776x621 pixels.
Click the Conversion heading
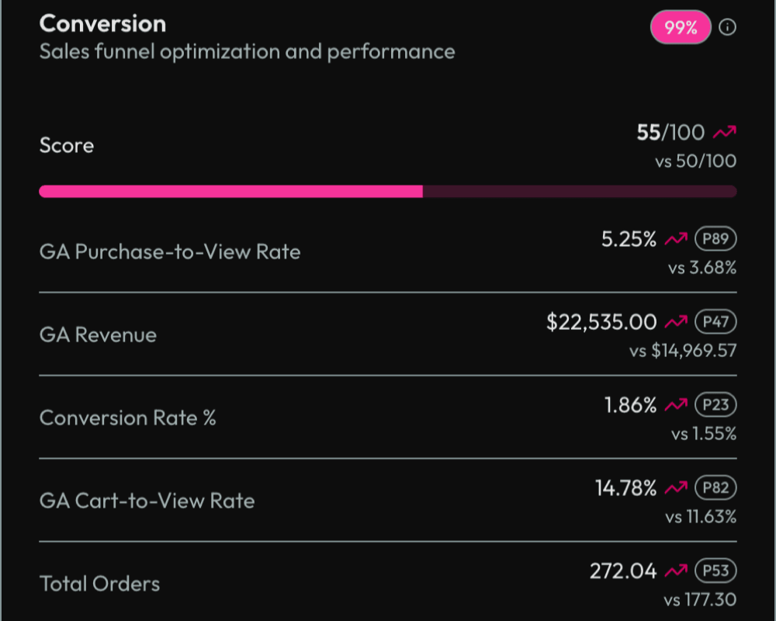pyautogui.click(x=102, y=24)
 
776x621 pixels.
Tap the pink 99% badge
pyautogui.click(x=681, y=28)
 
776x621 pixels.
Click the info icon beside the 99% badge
pyautogui.click(x=727, y=28)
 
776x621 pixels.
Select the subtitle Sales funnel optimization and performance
pyautogui.click(x=247, y=52)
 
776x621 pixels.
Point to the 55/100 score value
pyautogui.click(x=670, y=133)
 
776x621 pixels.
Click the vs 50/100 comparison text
pyautogui.click(x=695, y=161)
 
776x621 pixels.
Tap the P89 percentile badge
pyautogui.click(x=715, y=239)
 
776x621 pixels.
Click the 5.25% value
pyautogui.click(x=629, y=240)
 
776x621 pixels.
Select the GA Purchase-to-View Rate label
pyautogui.click(x=169, y=252)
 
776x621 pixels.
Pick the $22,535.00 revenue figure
pyautogui.click(x=601, y=322)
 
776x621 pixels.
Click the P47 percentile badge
pyautogui.click(x=715, y=322)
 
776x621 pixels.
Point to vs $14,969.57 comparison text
pyautogui.click(x=683, y=352)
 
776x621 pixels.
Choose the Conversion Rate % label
pyautogui.click(x=127, y=418)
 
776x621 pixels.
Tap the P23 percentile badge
pyautogui.click(x=715, y=404)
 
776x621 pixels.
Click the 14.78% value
pyautogui.click(x=625, y=488)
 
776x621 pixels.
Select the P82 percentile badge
pyautogui.click(x=715, y=487)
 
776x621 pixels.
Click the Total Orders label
pyautogui.click(x=99, y=584)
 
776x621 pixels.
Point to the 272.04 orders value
pyautogui.click(x=623, y=571)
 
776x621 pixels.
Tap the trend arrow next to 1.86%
pyautogui.click(x=676, y=405)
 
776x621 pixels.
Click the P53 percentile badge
pyautogui.click(x=715, y=571)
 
